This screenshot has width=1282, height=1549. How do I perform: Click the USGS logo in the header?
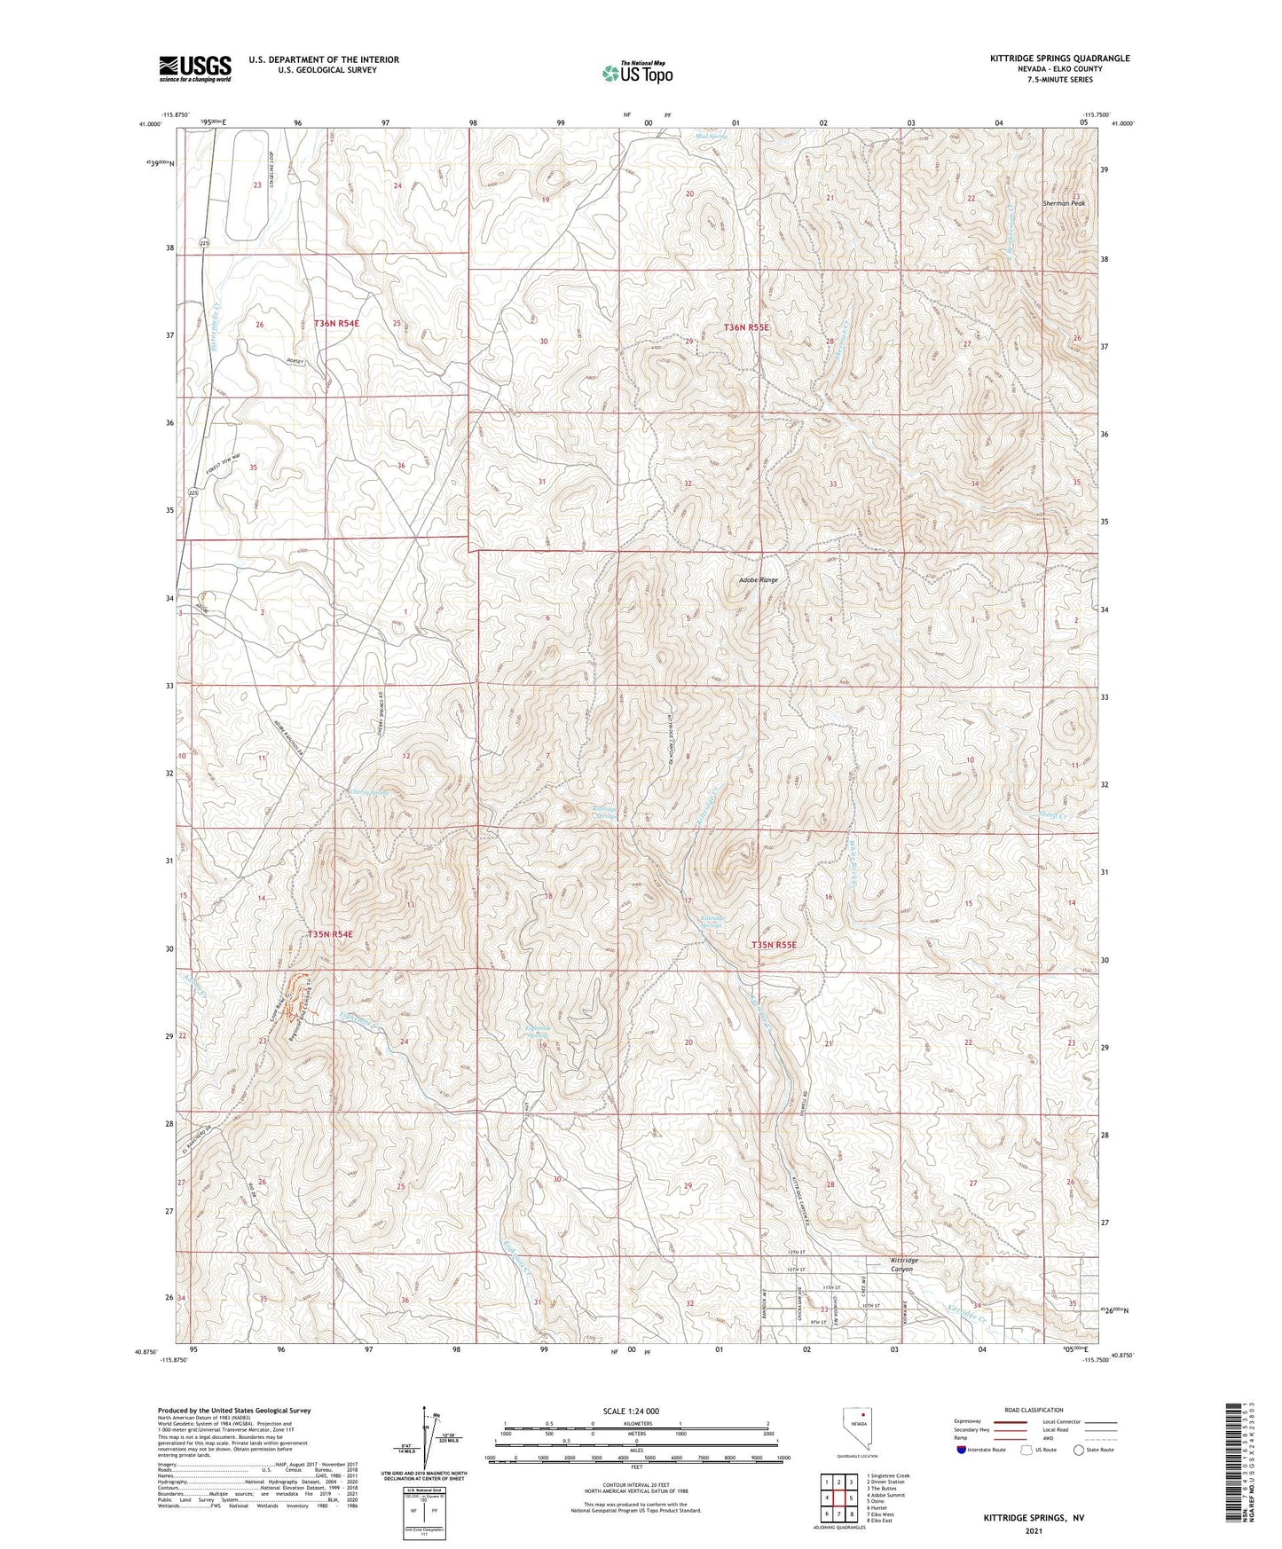coord(194,68)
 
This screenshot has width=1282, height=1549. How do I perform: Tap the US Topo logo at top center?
coord(636,74)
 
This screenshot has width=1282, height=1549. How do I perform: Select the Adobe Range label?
coord(758,580)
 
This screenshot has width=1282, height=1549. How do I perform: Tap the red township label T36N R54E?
coord(336,324)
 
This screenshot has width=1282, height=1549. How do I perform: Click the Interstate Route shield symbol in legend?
coord(962,1450)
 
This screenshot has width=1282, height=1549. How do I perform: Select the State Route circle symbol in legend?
coord(1078,1450)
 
